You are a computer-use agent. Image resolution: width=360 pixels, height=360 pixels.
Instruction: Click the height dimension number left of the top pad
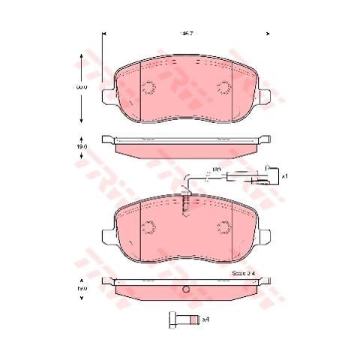click(x=85, y=88)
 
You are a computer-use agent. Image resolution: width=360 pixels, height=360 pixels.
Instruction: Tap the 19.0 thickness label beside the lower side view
click(x=84, y=288)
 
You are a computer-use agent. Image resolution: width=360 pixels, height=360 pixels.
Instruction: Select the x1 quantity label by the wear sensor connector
click(x=284, y=177)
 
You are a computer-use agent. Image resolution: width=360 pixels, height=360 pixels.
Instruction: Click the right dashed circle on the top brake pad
click(x=224, y=88)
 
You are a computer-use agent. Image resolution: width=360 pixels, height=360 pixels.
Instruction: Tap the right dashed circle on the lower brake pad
click(x=224, y=227)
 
